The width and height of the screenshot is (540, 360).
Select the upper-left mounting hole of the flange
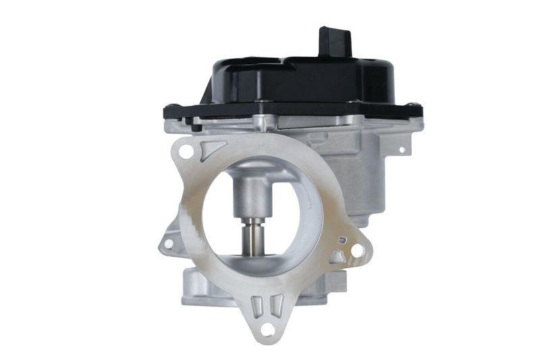click(x=186, y=152)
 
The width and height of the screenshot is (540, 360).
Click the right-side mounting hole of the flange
click(x=357, y=251)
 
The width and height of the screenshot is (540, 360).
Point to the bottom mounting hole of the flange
click(x=268, y=330)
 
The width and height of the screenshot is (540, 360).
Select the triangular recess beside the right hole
click(x=337, y=256)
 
